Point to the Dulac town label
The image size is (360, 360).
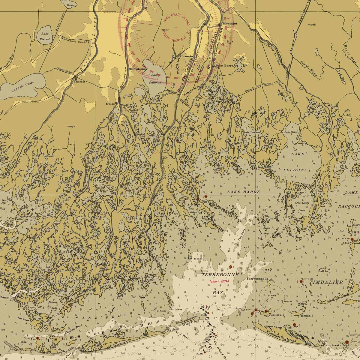110,104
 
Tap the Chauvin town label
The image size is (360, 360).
187,56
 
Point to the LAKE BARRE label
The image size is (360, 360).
243,191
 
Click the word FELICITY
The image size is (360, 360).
295,170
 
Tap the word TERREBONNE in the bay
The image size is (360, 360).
220,275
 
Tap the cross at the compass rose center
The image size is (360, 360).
175,28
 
